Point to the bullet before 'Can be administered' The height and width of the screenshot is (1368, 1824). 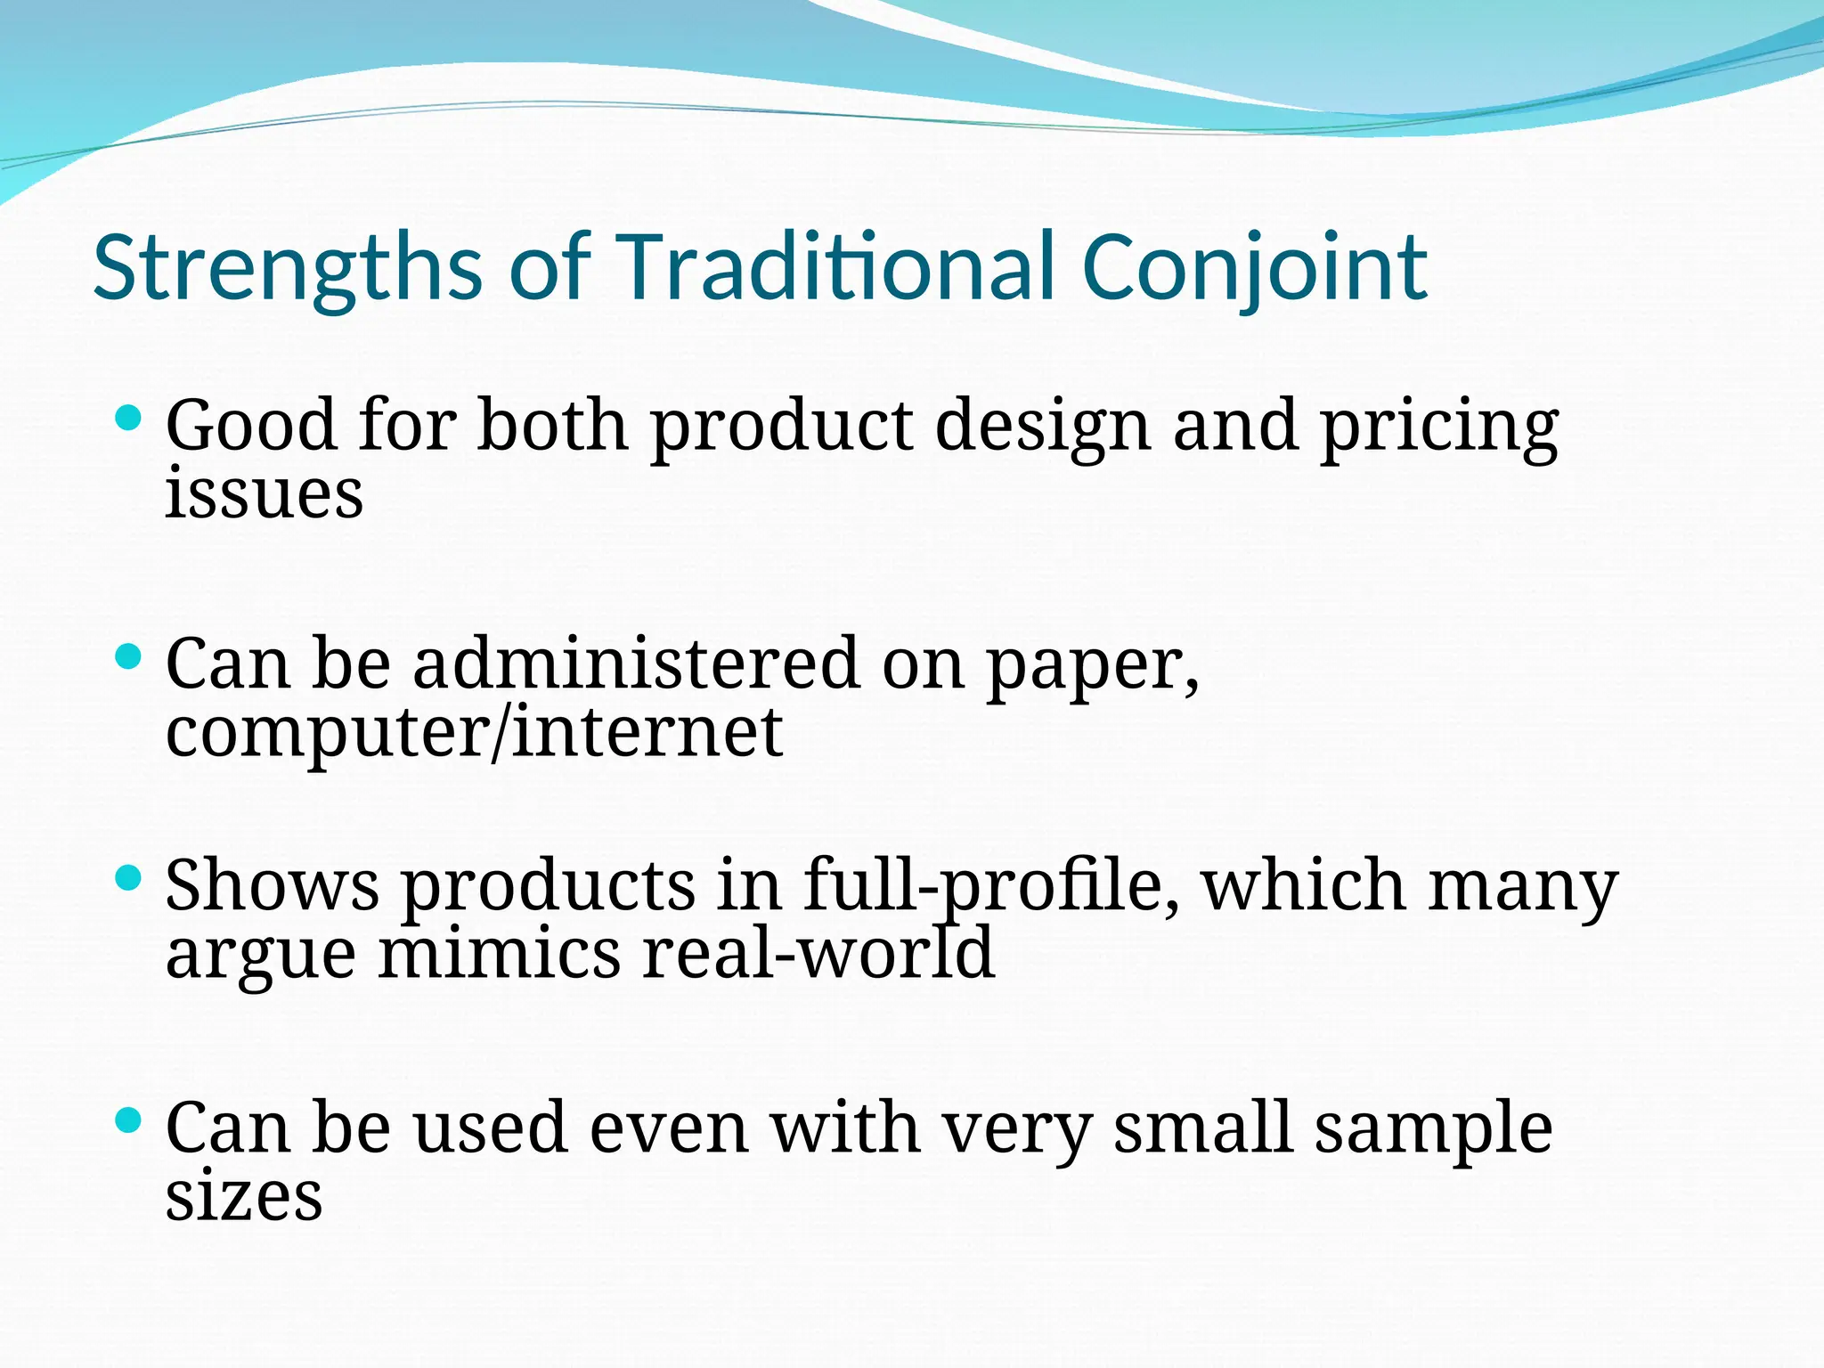pyautogui.click(x=129, y=657)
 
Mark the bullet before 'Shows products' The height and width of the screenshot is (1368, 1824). pyautogui.click(x=129, y=879)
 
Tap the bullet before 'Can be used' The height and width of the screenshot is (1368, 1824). pyautogui.click(x=129, y=1120)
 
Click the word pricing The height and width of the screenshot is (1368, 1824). pyautogui.click(x=1438, y=427)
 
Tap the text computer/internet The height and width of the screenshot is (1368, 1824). pyautogui.click(x=474, y=732)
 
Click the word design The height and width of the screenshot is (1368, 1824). pyautogui.click(x=1043, y=427)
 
